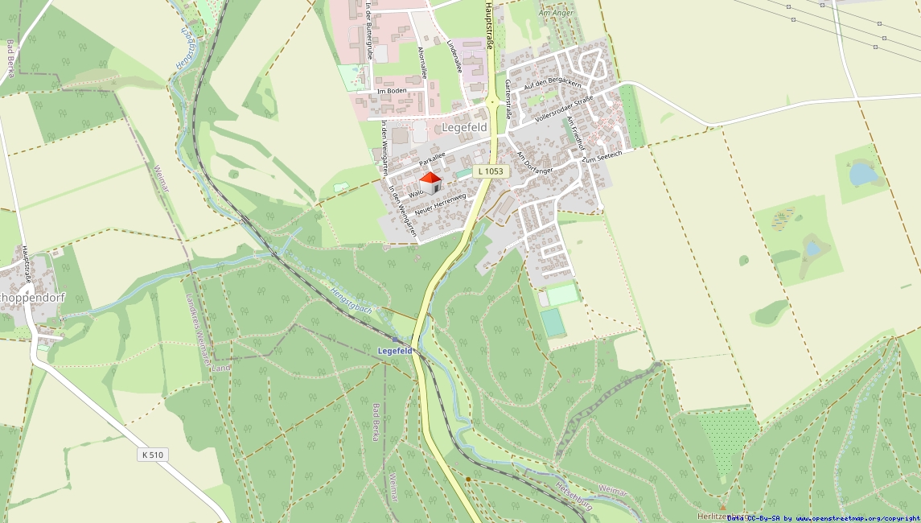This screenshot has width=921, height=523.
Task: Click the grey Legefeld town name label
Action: (x=464, y=128)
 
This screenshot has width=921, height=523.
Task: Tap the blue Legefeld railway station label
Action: (x=395, y=352)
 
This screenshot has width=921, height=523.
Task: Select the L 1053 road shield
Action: (x=489, y=171)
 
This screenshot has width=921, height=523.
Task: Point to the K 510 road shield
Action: (x=152, y=455)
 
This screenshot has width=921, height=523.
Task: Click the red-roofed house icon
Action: (x=431, y=183)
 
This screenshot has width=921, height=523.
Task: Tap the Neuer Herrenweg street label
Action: (x=441, y=203)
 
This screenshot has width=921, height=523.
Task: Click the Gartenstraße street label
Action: (x=508, y=99)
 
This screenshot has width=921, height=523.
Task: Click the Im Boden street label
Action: (x=392, y=91)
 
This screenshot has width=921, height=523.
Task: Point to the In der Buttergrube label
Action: (x=368, y=31)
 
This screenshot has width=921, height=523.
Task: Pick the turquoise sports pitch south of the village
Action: (x=553, y=322)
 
